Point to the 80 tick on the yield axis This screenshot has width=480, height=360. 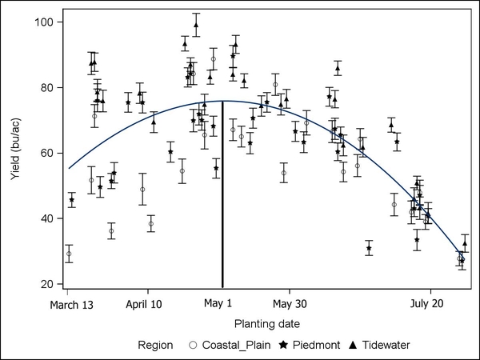point(46,87)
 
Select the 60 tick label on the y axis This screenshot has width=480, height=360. point(46,153)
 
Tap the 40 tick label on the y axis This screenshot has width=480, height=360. point(46,218)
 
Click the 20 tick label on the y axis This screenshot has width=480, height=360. point(46,284)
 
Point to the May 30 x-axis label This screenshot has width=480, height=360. point(290,304)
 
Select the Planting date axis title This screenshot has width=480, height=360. point(267,324)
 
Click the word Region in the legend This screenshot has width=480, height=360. point(155,346)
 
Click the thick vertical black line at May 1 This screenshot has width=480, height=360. point(222,200)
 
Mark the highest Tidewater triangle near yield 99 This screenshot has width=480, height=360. point(196,24)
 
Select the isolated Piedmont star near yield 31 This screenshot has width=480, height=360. point(369,249)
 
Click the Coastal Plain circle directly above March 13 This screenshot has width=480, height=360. point(69,254)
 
